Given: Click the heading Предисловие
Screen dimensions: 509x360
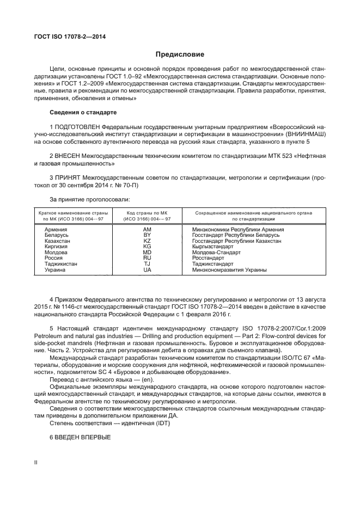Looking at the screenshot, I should (180, 54).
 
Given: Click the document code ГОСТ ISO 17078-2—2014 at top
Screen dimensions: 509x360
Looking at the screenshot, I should (70, 36).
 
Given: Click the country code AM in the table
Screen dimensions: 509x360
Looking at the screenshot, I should (147, 230).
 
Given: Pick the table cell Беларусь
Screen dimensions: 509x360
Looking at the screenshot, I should (56, 235).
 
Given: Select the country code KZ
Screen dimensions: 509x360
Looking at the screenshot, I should (147, 240).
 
